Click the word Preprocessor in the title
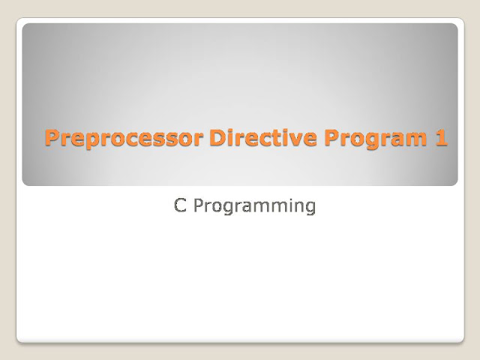tap(124, 138)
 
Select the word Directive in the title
tap(263, 137)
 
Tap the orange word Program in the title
tap(376, 139)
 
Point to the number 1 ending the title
tap(441, 137)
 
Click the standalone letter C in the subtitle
tap(180, 205)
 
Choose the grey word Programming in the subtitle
tap(254, 207)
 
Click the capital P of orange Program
tap(331, 137)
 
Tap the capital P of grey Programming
tap(199, 205)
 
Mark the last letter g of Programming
tap(310, 209)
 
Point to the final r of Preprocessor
tap(198, 140)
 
